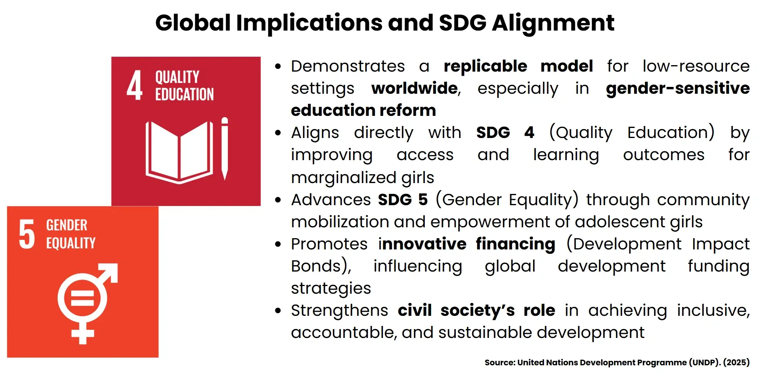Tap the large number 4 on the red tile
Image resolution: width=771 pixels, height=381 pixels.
134,85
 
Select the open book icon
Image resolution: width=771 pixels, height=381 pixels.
179,152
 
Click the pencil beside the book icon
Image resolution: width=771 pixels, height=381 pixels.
225,148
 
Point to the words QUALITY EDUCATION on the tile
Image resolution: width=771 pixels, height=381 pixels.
184,85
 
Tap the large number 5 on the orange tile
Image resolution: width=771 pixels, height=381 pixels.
27,234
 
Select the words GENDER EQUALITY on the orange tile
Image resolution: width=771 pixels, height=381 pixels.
70,234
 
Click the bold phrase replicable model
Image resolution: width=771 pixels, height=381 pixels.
518,66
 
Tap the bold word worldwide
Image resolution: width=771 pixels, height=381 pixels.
415,88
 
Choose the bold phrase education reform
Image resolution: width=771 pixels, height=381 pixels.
363,110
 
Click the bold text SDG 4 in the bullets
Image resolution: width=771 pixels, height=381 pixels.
505,132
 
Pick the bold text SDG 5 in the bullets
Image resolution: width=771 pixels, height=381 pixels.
402,200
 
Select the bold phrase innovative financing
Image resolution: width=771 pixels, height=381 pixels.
467,244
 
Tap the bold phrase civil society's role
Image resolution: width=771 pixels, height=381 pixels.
476,310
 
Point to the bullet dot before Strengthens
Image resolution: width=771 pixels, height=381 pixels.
278,311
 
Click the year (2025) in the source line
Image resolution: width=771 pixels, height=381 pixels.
736,362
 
